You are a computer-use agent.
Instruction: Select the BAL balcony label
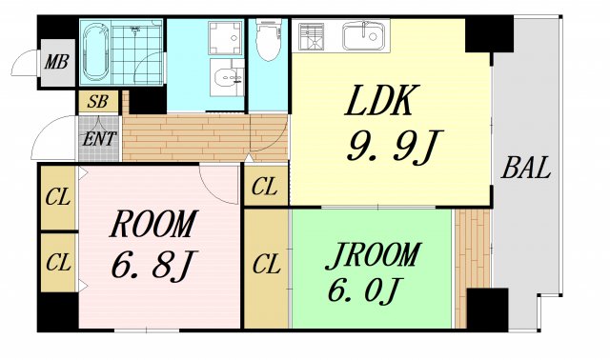[526, 170]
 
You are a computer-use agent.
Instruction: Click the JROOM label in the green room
[373, 255]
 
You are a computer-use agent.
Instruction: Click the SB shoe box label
[97, 101]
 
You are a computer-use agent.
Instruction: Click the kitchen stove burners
[312, 36]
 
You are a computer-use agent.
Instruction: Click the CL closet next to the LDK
[266, 187]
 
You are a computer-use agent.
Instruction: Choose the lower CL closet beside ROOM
[57, 260]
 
